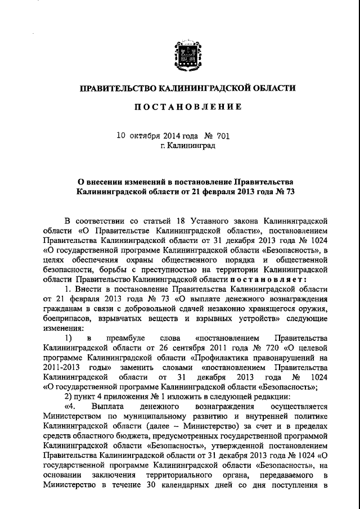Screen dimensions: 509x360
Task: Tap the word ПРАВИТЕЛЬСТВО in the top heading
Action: click(x=116, y=88)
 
